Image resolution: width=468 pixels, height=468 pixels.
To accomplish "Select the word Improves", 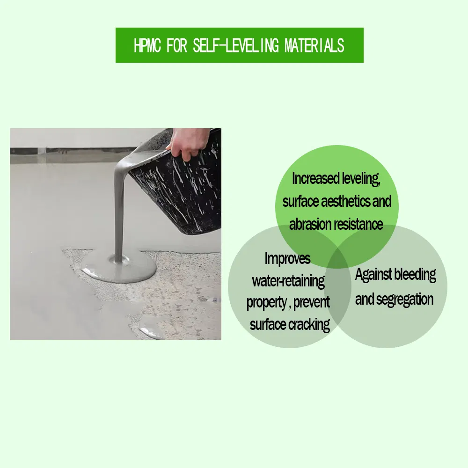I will tap(287, 258).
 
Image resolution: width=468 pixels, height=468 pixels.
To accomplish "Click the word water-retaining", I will tap(288, 281).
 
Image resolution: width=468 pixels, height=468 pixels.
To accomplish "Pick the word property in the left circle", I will tap(266, 303).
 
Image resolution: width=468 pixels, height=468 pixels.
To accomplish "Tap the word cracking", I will tap(307, 324).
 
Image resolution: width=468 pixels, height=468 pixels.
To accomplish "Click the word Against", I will tap(373, 275).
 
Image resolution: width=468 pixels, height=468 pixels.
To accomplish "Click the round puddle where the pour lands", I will tap(119, 270).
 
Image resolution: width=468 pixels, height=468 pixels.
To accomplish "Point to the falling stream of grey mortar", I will tap(119, 211).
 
